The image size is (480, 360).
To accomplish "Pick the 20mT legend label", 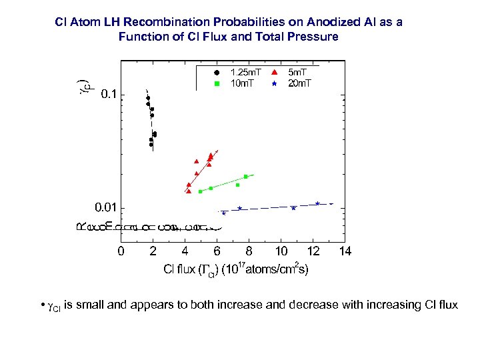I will click(x=299, y=83).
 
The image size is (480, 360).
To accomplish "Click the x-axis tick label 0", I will click(x=120, y=251).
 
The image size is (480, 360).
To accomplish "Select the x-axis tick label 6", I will click(x=217, y=251).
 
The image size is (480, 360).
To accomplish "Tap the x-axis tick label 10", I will click(x=281, y=251).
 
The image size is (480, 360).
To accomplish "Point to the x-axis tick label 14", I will click(x=345, y=251).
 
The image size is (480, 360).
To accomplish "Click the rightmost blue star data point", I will click(x=317, y=203).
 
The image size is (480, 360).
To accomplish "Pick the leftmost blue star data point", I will click(x=224, y=213).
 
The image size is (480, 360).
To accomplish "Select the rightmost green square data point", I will click(x=246, y=177).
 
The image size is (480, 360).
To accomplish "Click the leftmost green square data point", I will click(x=200, y=191).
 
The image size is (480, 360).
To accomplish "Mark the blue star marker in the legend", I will click(x=274, y=83).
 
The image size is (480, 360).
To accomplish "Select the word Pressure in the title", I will click(x=313, y=37).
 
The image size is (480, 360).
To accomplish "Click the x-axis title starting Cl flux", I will click(x=236, y=270).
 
